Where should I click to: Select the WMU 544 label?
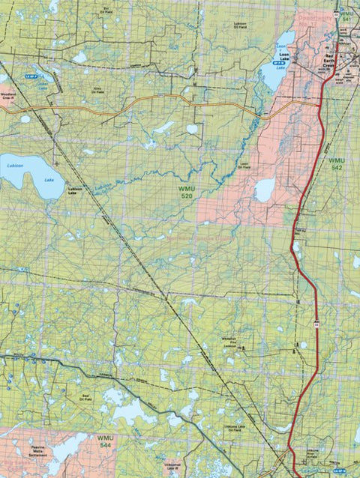tap(106, 441)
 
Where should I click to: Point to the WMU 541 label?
tap(346, 18)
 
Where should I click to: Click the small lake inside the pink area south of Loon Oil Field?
tap(264, 190)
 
